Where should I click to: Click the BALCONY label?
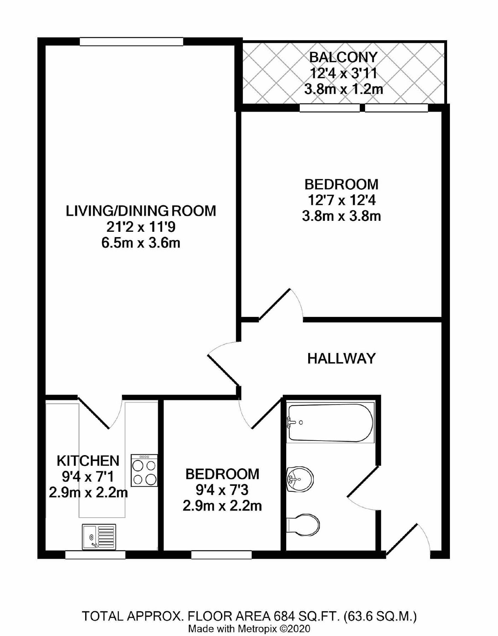[x=343, y=57]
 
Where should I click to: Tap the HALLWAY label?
[x=341, y=359]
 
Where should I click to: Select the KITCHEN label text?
[x=88, y=461]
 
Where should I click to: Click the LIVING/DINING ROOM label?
[x=141, y=211]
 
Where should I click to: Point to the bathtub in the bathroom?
[x=330, y=423]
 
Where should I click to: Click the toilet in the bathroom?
[x=304, y=524]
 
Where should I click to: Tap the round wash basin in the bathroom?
[x=300, y=479]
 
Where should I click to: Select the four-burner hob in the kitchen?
[x=144, y=470]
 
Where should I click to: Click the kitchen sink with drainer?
[x=99, y=536]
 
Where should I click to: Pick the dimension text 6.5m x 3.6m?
[x=141, y=243]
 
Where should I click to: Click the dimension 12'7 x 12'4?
[x=341, y=200]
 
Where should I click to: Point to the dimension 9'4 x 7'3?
[x=222, y=490]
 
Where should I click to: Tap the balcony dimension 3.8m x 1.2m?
[x=344, y=89]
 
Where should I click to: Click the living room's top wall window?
[x=131, y=42]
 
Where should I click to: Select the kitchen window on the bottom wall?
[x=95, y=555]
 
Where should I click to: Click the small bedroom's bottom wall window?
[x=221, y=555]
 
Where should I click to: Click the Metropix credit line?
[x=249, y=629]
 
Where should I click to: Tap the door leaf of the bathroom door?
[x=363, y=481]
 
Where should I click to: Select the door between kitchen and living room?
[x=94, y=413]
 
